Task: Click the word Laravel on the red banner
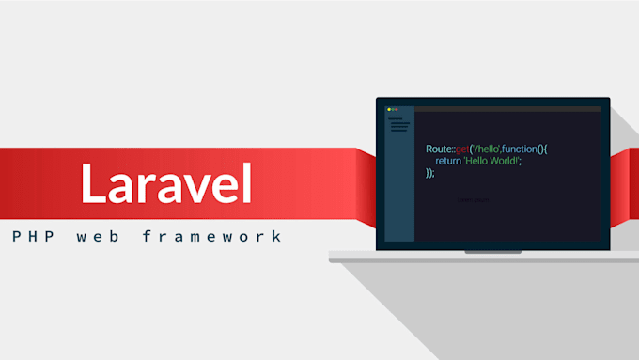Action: (165, 182)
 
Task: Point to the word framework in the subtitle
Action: (211, 236)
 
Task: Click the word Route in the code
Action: (439, 149)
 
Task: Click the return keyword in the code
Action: (449, 161)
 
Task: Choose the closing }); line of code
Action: (430, 173)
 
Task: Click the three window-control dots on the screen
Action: (393, 109)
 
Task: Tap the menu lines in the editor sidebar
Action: (399, 125)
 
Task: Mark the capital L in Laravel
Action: (92, 182)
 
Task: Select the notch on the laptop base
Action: (493, 252)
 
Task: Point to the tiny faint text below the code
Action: (473, 199)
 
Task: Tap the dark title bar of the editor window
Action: (507, 109)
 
